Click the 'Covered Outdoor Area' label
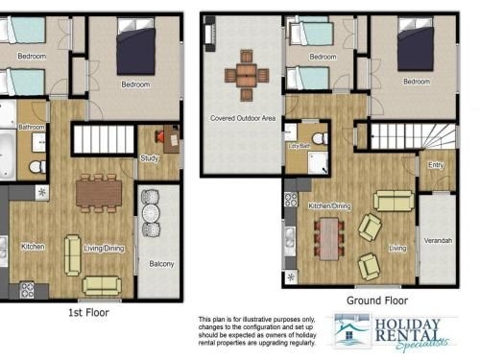point(243,118)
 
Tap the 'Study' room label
point(150,158)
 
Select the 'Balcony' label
point(161,264)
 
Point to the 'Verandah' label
point(438,241)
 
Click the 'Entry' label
point(436,165)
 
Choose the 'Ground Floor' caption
point(377,300)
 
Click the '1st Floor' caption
point(88,312)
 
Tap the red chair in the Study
point(159,136)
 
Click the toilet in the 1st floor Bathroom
point(37,167)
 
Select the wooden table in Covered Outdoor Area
point(247,75)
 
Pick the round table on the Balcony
point(151,213)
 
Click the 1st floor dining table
point(99,193)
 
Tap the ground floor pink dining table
point(329,239)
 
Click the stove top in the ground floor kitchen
point(291,200)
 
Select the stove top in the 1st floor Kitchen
point(27,290)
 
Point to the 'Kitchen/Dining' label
point(329,205)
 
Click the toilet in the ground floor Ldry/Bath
point(320,139)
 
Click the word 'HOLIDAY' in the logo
point(407,324)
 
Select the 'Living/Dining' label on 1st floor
point(104,249)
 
